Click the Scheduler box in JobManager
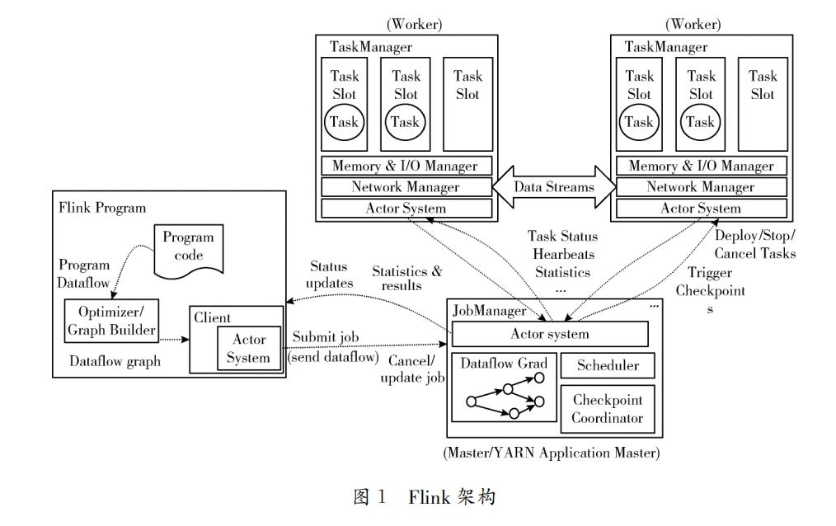tap(607, 365)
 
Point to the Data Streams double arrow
tap(554, 186)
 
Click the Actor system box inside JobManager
tap(550, 334)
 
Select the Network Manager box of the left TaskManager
tap(406, 187)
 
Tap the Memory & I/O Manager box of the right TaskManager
tap(701, 166)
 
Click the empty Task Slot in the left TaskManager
tap(467, 103)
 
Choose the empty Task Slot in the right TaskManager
tap(762, 103)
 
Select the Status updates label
tap(328, 275)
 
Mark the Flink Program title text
tap(103, 208)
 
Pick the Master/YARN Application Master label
tap(551, 453)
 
